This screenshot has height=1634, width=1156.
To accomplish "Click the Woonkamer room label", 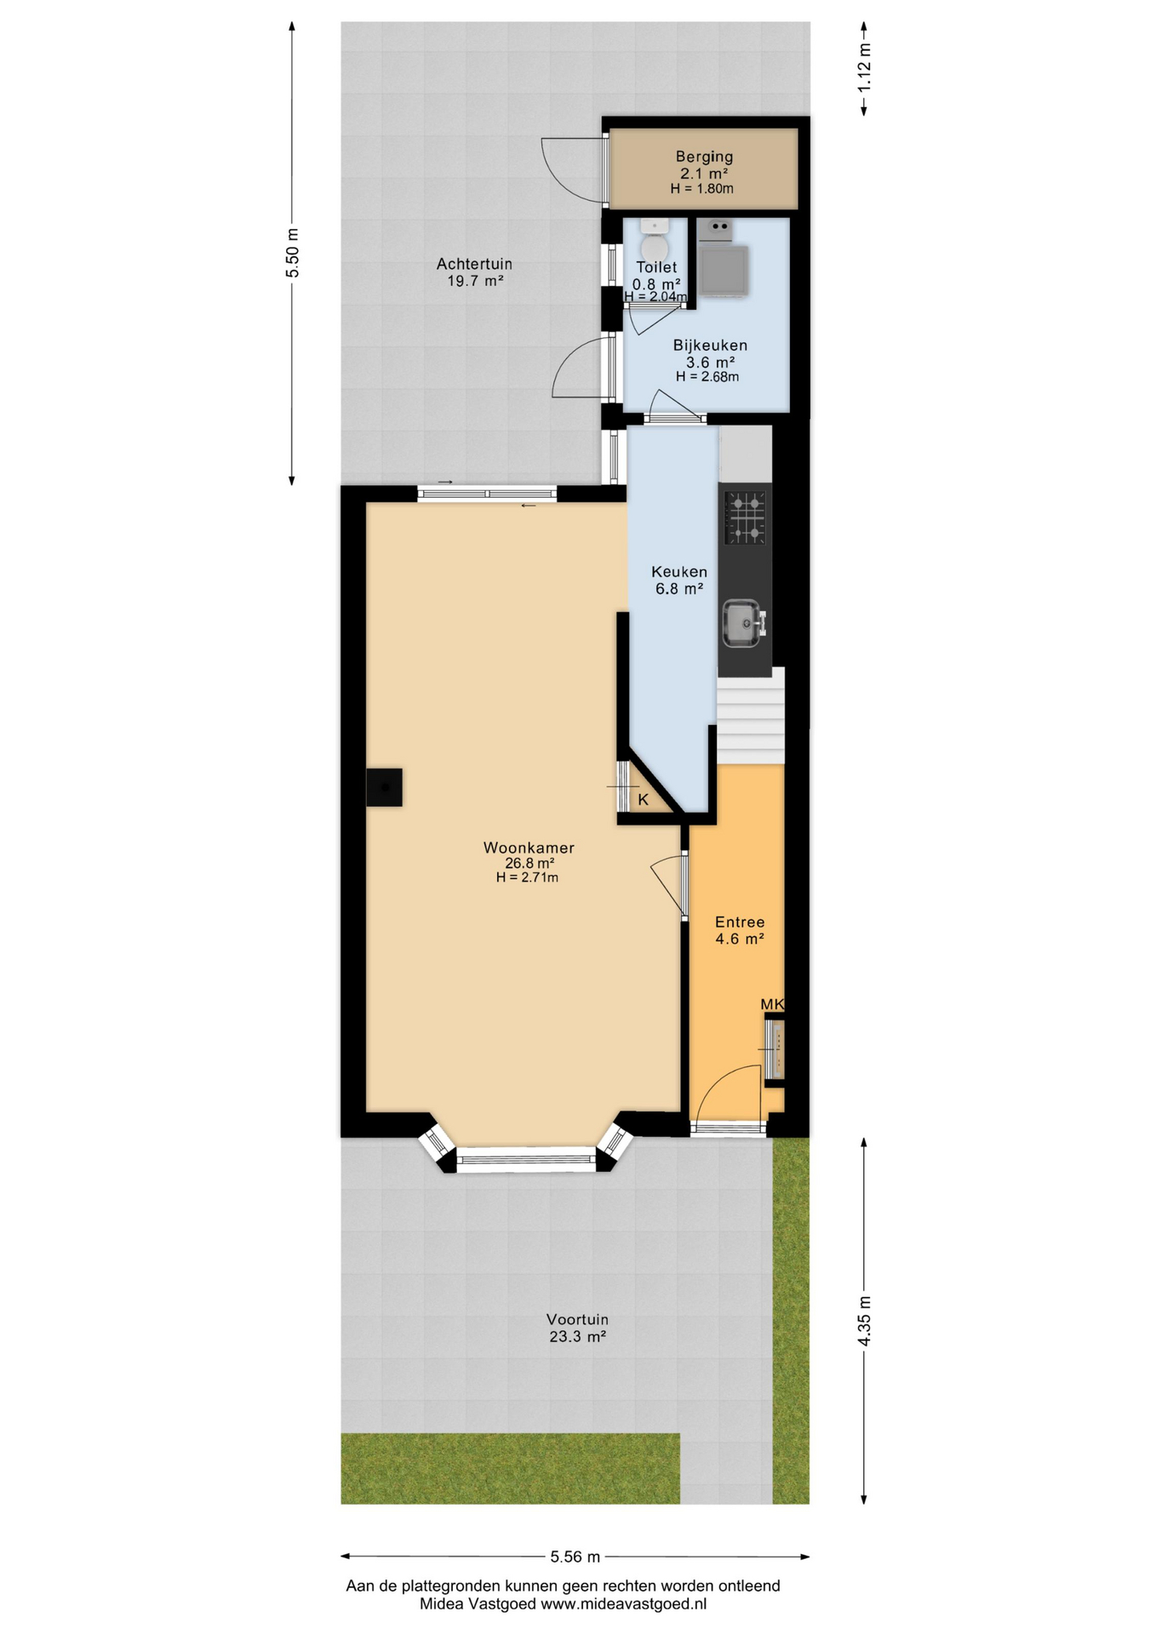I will pyautogui.click(x=529, y=848).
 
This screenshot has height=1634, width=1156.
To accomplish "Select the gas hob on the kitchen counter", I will pyautogui.click(x=745, y=517).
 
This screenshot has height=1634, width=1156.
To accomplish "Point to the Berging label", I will pyautogui.click(x=704, y=157).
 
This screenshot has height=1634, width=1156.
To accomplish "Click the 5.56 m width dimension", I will pyautogui.click(x=575, y=1557).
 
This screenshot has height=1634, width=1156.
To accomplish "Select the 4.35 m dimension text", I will pyautogui.click(x=864, y=1322).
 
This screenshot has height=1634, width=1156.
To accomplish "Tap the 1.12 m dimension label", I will pyautogui.click(x=864, y=67).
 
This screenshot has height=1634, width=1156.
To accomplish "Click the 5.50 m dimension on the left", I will pyautogui.click(x=292, y=253).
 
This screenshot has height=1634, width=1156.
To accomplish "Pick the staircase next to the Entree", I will pyautogui.click(x=750, y=717).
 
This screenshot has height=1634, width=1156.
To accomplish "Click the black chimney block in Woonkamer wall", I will pyautogui.click(x=384, y=787).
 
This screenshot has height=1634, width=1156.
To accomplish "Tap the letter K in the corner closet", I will pyautogui.click(x=643, y=800).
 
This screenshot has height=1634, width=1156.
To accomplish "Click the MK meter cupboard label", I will pyautogui.click(x=772, y=1004).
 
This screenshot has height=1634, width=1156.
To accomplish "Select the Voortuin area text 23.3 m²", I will pyautogui.click(x=577, y=1336).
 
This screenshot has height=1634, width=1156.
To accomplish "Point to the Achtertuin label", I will pyautogui.click(x=474, y=264).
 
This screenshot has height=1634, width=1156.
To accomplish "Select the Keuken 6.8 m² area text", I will pyautogui.click(x=678, y=588).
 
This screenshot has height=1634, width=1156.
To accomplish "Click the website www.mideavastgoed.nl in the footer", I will pyautogui.click(x=623, y=1604).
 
